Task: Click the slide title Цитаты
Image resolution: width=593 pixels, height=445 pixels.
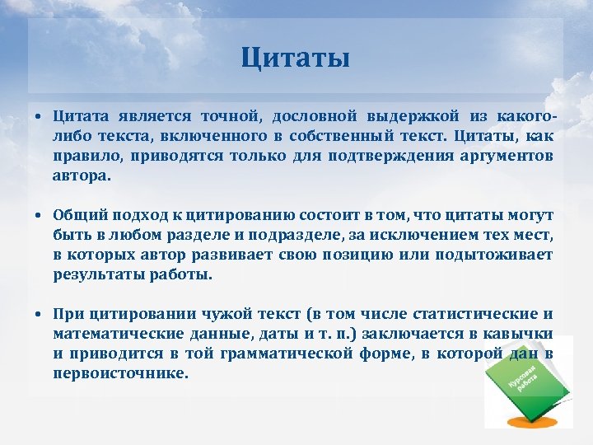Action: click(x=296, y=59)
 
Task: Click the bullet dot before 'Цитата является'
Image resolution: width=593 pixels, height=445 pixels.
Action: click(x=39, y=117)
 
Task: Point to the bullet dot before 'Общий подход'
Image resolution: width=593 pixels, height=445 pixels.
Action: click(x=39, y=216)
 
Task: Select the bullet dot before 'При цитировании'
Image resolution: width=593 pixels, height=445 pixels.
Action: click(x=39, y=315)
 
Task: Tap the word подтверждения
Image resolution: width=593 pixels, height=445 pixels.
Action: click(x=376, y=156)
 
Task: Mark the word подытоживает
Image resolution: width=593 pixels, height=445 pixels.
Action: click(x=499, y=255)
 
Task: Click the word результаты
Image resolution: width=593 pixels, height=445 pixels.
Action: click(x=92, y=274)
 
